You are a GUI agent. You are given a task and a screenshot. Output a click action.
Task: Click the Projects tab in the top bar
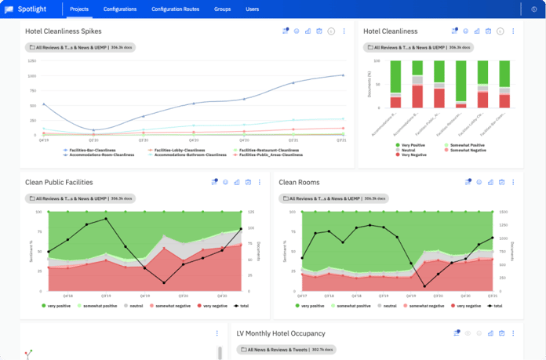(x=78, y=9)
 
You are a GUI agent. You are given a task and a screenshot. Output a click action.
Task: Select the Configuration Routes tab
(x=175, y=9)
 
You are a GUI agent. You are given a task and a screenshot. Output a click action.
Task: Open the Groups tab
(x=222, y=9)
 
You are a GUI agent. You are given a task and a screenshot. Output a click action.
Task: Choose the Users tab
(x=252, y=9)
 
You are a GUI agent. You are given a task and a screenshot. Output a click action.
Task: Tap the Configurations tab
(x=121, y=9)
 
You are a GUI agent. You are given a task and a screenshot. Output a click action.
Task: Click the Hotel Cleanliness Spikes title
(x=63, y=31)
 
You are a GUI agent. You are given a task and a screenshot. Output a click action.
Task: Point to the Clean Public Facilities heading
(x=59, y=182)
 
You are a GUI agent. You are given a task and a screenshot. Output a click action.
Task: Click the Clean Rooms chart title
(x=299, y=182)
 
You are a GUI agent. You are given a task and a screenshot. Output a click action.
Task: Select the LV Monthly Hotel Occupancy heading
(x=286, y=333)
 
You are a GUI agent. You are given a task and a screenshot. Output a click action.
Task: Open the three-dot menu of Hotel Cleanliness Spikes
(x=344, y=31)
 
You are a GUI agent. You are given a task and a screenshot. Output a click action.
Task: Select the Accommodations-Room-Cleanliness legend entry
(x=100, y=155)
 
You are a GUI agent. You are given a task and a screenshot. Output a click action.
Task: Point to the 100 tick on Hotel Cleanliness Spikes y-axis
(x=31, y=76)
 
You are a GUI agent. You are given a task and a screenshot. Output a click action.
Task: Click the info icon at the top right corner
(x=534, y=9)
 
